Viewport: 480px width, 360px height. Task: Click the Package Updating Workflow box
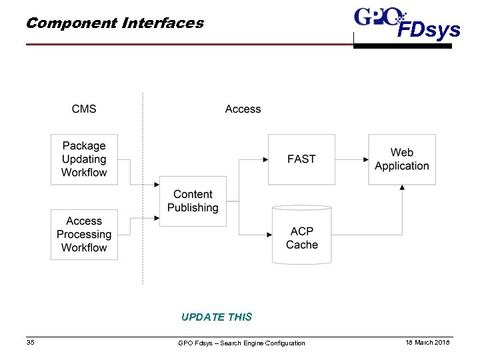click(84, 159)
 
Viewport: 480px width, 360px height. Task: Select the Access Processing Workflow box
click(84, 235)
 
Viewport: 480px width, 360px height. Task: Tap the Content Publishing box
click(193, 201)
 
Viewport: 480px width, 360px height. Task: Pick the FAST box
click(301, 159)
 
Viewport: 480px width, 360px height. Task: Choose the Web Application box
click(402, 159)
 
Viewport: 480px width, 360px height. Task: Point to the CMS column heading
click(84, 109)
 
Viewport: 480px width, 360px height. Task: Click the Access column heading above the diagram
click(243, 109)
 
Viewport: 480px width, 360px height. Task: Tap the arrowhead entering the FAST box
click(265, 160)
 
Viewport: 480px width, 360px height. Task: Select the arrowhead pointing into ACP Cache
click(269, 235)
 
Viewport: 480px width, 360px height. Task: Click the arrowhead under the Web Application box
click(402, 188)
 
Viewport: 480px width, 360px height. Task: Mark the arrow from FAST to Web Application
click(351, 160)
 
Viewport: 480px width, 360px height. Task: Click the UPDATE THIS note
click(217, 317)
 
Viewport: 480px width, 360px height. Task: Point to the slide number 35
click(31, 343)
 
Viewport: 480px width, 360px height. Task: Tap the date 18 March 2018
click(428, 342)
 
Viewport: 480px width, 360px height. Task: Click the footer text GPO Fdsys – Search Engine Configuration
click(241, 343)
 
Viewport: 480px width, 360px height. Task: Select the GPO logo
click(379, 17)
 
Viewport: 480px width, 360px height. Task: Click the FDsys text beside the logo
click(429, 30)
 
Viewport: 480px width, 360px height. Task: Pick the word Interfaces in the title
click(163, 23)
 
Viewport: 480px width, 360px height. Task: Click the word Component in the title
click(71, 23)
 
